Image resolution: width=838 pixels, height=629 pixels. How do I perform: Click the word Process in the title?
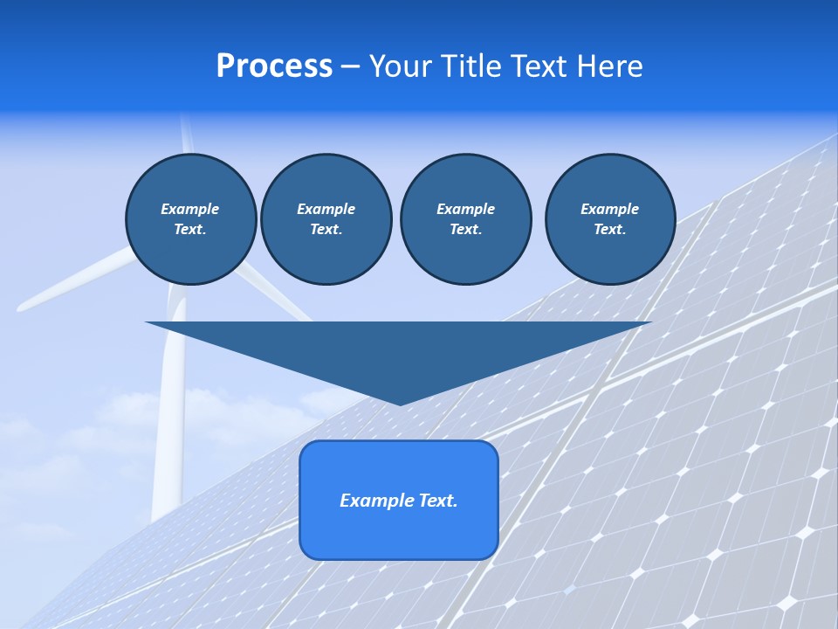click(274, 66)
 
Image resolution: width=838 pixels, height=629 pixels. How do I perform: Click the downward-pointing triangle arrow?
click(399, 349)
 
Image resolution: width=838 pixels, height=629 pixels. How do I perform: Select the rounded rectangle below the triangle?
click(399, 533)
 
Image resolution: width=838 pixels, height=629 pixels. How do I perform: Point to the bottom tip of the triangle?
click(400, 404)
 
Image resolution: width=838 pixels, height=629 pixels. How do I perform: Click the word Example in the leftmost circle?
click(190, 209)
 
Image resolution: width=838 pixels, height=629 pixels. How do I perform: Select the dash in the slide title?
click(350, 66)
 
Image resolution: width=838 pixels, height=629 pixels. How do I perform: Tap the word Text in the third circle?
click(465, 229)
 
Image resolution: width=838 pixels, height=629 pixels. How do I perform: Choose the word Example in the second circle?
click(326, 209)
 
